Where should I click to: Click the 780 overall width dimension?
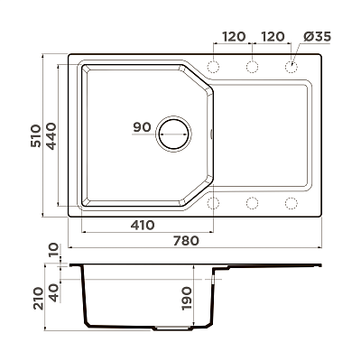click(x=186, y=241)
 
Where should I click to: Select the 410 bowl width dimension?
click(x=143, y=225)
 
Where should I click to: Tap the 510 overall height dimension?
click(x=35, y=135)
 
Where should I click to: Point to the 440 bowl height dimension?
click(x=51, y=136)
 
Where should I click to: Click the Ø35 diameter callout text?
click(x=317, y=37)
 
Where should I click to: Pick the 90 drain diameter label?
click(x=142, y=127)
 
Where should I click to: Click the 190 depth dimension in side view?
click(x=187, y=299)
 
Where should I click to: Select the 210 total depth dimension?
click(x=39, y=299)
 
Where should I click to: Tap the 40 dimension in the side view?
click(x=53, y=293)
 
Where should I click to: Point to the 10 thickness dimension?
click(x=53, y=250)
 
